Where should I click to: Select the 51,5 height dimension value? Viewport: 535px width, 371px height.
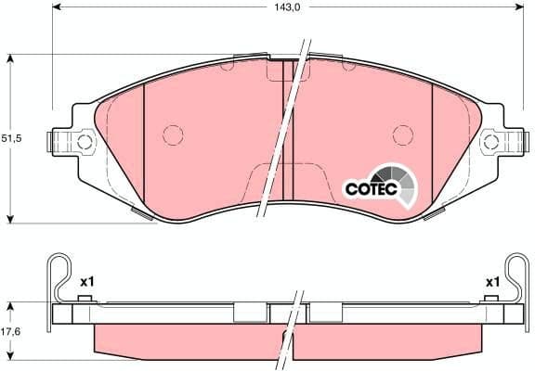[x=10, y=138]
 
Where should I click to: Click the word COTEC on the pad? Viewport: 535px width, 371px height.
[x=371, y=188]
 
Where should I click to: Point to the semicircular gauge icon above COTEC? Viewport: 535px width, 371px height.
[x=385, y=173]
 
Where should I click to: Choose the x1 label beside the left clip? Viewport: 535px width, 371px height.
[x=88, y=281]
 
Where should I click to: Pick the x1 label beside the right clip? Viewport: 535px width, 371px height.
[x=492, y=281]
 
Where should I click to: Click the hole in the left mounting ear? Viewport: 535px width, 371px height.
[x=85, y=143]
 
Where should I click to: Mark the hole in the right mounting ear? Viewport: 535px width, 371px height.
[x=490, y=143]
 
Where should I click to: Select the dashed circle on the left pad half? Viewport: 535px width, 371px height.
[x=173, y=135]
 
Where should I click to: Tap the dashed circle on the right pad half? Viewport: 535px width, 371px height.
[x=401, y=135]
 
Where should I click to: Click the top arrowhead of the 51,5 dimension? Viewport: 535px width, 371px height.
[x=10, y=58]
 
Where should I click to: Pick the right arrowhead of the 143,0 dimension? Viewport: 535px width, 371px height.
[x=515, y=6]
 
